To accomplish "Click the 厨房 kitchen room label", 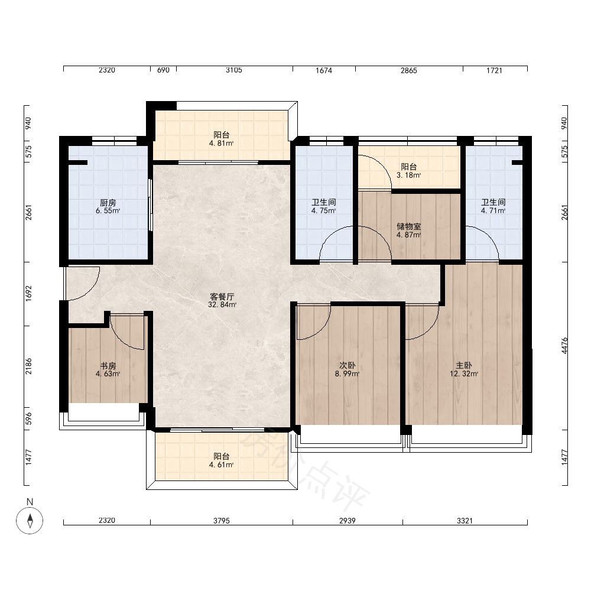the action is click(108, 202).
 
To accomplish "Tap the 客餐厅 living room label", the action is click(222, 297).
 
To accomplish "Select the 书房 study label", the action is click(108, 366).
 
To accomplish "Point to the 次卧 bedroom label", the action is click(347, 365).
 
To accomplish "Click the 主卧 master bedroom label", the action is click(463, 365).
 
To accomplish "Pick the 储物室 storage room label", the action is click(408, 226).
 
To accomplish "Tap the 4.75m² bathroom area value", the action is click(323, 211).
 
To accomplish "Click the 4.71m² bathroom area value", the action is click(493, 211).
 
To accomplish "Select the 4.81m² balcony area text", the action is click(221, 143).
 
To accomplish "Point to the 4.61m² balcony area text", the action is click(221, 465).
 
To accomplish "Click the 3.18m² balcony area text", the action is click(408, 176).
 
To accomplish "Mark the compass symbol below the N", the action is click(30, 521).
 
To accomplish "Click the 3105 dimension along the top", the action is click(233, 70).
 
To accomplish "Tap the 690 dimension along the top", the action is click(163, 70).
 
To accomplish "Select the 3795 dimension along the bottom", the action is click(221, 521).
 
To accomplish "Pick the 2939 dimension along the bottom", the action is click(347, 521).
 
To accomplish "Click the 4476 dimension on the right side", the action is click(564, 345).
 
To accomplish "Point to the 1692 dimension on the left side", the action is click(28, 293).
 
